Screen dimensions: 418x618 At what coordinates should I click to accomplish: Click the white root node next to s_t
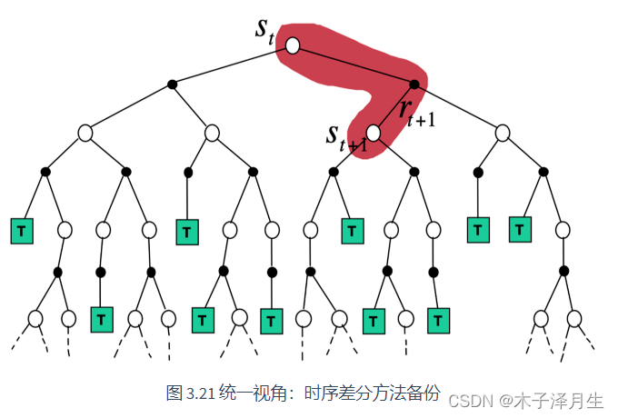(292, 45)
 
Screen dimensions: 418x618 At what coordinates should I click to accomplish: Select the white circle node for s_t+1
(373, 133)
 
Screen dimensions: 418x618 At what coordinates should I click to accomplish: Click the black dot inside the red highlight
(414, 85)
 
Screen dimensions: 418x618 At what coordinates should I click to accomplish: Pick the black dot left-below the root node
(172, 85)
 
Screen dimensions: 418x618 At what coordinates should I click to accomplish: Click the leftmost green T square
(21, 231)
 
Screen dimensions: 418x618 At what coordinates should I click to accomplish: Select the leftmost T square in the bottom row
(102, 319)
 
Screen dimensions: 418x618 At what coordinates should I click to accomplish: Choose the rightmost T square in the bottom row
(439, 320)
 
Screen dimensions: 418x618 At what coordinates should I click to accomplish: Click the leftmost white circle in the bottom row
(35, 318)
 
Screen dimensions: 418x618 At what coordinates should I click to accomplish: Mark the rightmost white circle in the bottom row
(574, 318)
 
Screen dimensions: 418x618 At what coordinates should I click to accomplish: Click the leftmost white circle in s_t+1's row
(85, 133)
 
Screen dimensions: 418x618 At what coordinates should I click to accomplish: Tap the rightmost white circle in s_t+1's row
(503, 133)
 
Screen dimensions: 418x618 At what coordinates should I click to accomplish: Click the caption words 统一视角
(242, 393)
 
